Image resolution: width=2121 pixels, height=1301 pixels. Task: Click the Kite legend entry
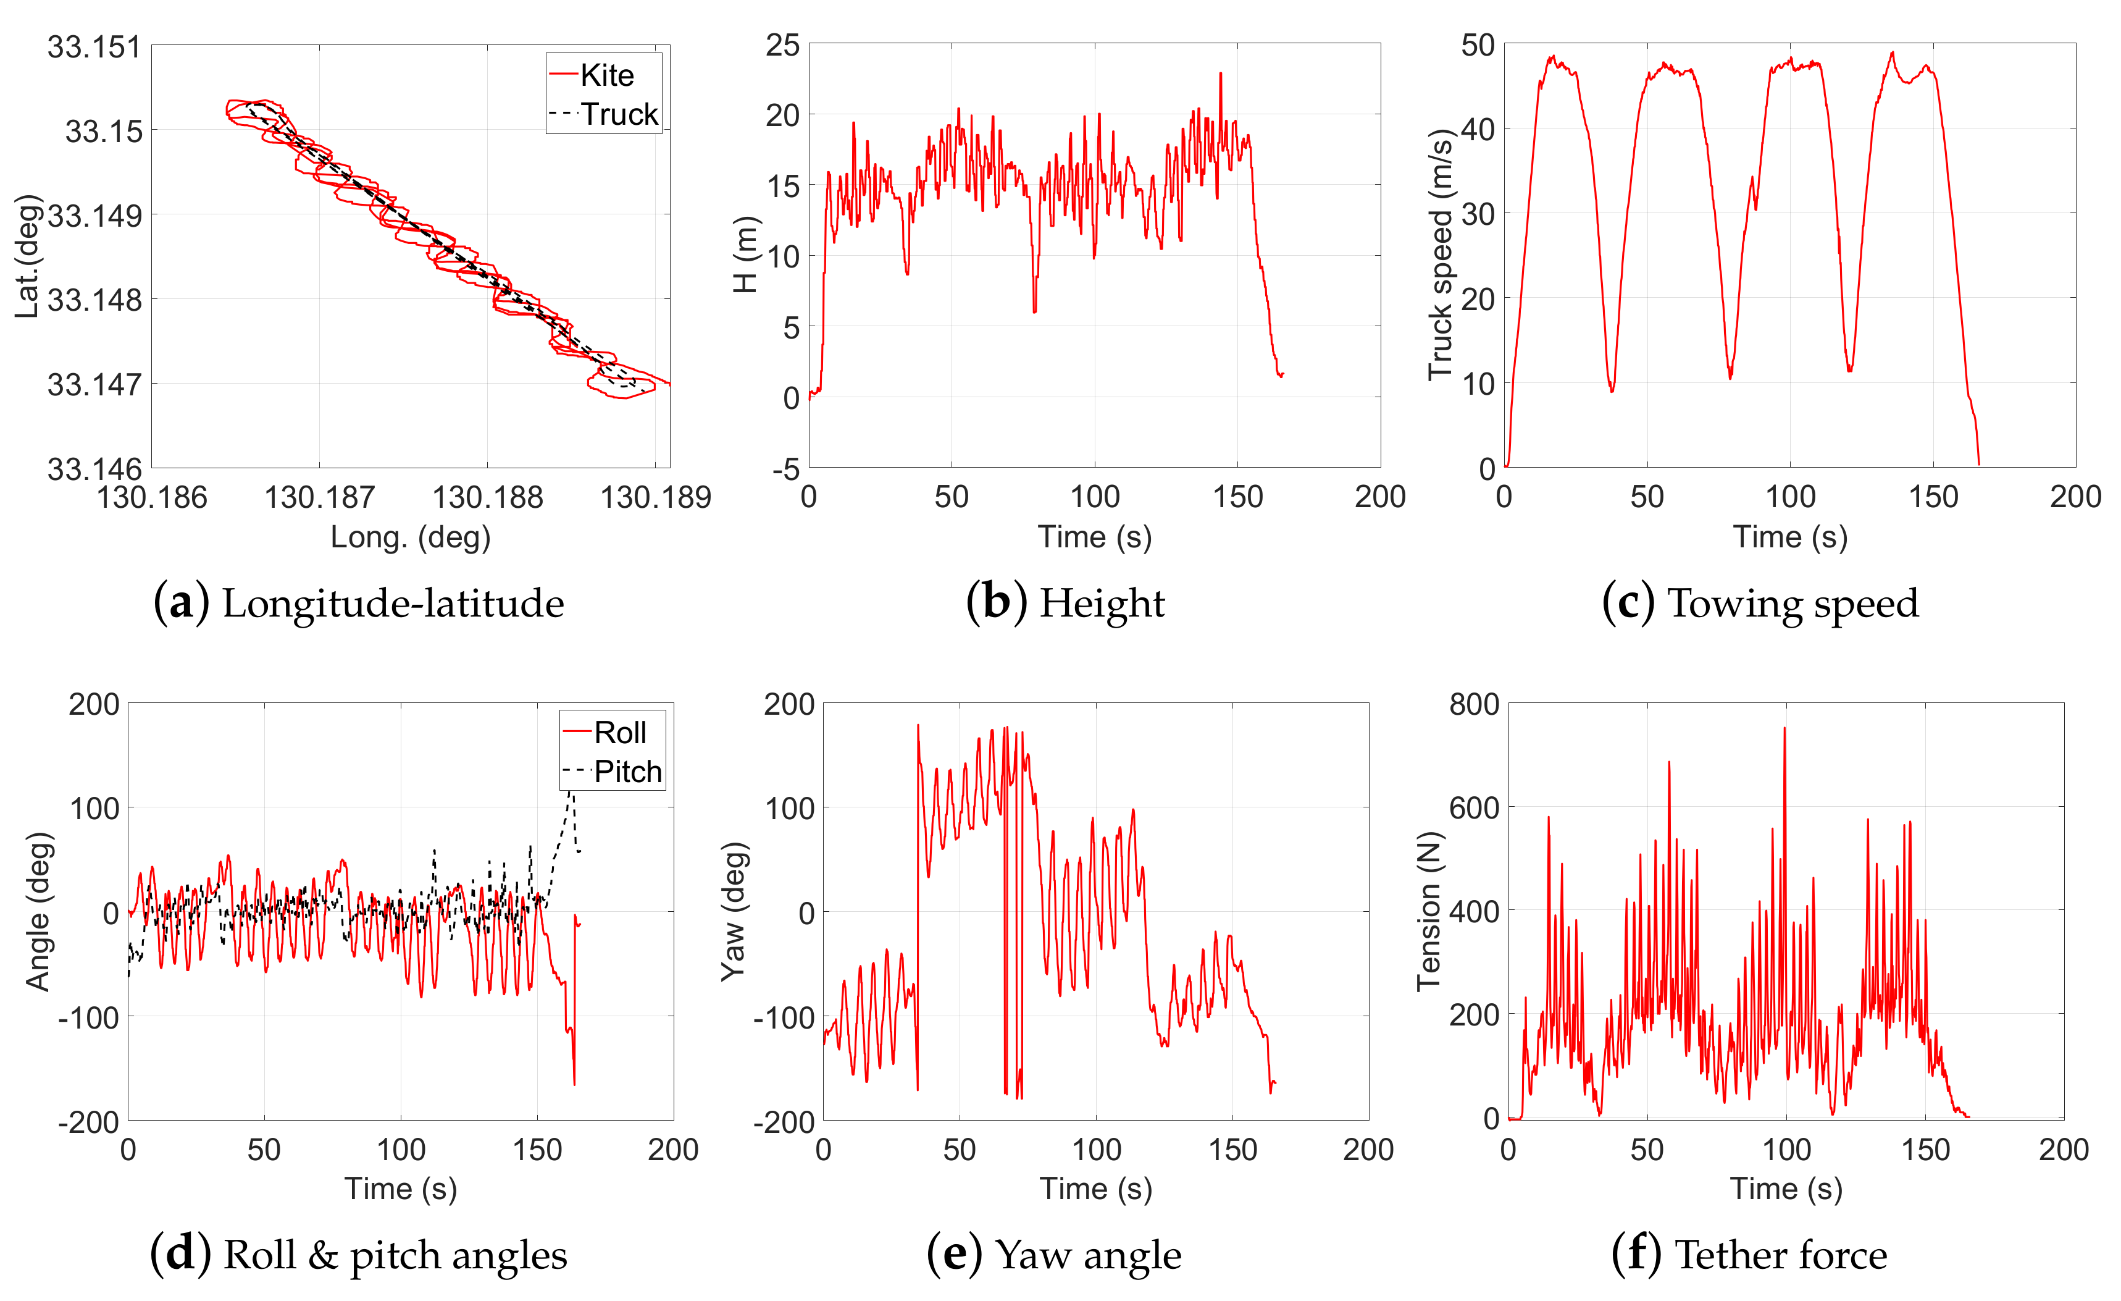click(x=606, y=76)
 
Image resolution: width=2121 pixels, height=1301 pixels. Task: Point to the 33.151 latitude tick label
click(x=94, y=46)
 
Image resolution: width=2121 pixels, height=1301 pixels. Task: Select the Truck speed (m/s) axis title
click(x=1439, y=255)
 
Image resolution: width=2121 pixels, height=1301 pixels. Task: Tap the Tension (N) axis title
click(x=1428, y=911)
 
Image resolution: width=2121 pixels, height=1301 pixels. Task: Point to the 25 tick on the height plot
click(x=782, y=44)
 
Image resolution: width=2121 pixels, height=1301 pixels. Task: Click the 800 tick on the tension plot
click(x=1474, y=704)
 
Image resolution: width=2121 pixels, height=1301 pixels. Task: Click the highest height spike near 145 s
click(x=1219, y=74)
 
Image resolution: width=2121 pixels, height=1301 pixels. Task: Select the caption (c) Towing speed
click(x=1760, y=603)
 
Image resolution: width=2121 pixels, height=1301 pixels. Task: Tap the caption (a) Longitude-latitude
click(x=359, y=603)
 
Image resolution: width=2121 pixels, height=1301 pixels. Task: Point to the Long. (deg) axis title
click(x=411, y=537)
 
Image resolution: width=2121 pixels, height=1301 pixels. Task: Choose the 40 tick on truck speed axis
click(x=1478, y=129)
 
